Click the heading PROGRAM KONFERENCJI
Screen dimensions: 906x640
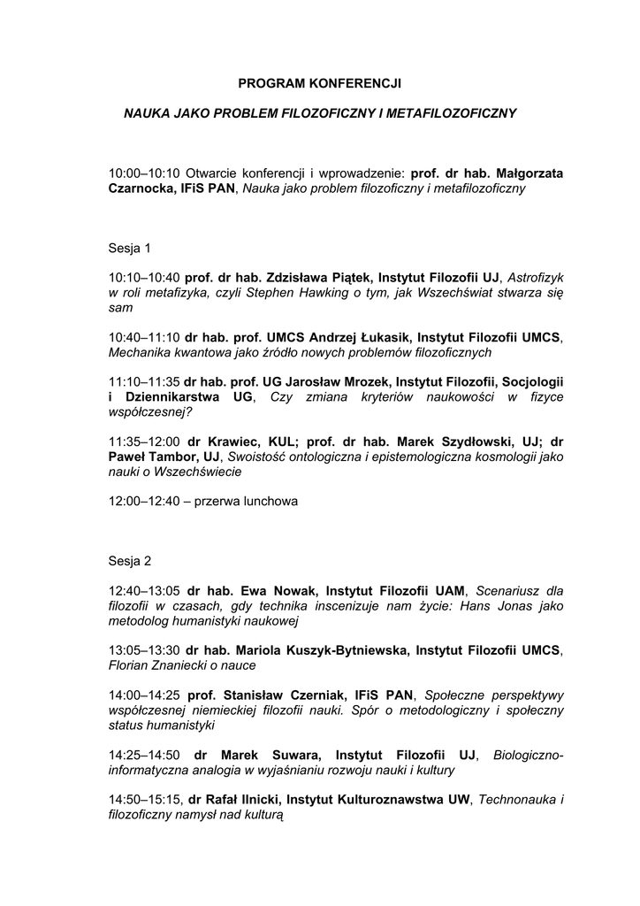click(320, 84)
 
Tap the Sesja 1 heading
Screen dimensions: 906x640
click(130, 248)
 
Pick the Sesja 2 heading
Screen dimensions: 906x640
click(130, 561)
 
